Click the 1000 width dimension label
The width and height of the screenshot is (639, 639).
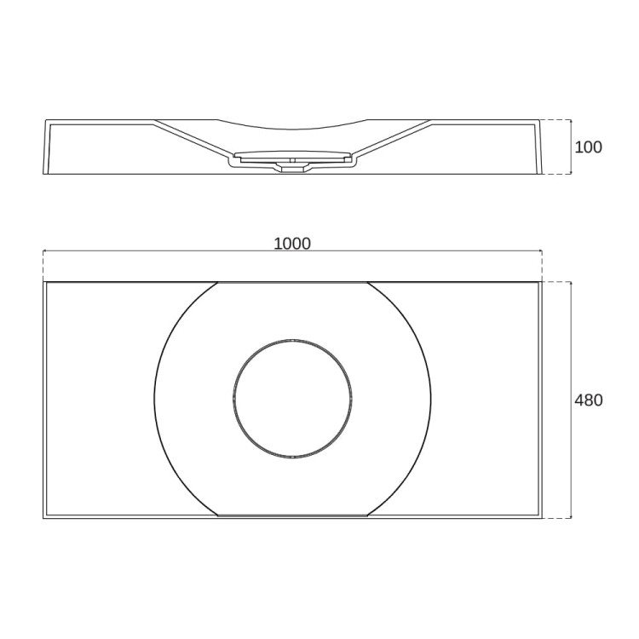click(x=291, y=244)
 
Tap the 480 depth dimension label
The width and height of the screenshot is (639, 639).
click(x=588, y=400)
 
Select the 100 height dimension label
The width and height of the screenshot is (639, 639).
click(x=588, y=147)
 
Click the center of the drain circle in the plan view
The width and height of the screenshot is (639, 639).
click(x=291, y=399)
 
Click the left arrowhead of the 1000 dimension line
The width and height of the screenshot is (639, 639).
click(x=45, y=251)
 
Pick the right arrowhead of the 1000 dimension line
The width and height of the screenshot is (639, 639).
click(x=539, y=251)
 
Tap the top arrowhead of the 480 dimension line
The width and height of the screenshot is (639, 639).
click(x=571, y=284)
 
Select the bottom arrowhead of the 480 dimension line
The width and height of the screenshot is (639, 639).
click(x=571, y=516)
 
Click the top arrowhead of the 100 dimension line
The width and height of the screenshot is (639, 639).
click(x=571, y=122)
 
